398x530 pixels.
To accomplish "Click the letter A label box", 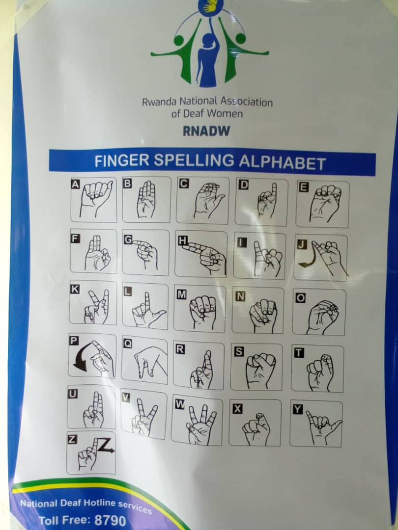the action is [x=75, y=184].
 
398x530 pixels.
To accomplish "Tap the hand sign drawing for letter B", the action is [x=146, y=200].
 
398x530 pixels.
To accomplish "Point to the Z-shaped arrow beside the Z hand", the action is [x=106, y=446].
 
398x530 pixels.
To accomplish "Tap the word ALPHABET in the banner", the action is [x=283, y=162].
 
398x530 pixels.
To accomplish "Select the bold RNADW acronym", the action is [x=206, y=131].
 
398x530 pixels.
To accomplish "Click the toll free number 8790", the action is [x=111, y=520].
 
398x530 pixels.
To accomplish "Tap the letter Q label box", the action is [x=128, y=344].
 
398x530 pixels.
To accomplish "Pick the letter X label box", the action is [x=238, y=409].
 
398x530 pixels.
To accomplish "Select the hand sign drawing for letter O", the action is [x=322, y=318].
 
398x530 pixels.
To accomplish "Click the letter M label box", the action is [x=182, y=295].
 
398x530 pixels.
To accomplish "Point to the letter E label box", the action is [x=304, y=187].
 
